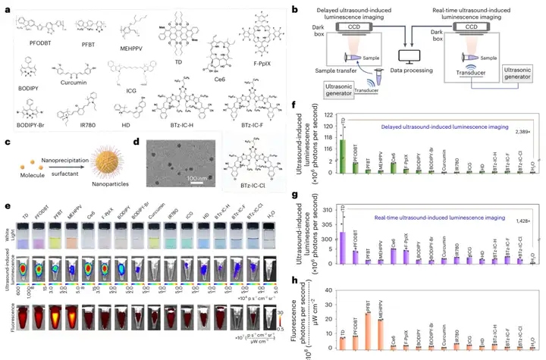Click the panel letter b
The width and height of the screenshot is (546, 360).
click(x=294, y=8)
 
